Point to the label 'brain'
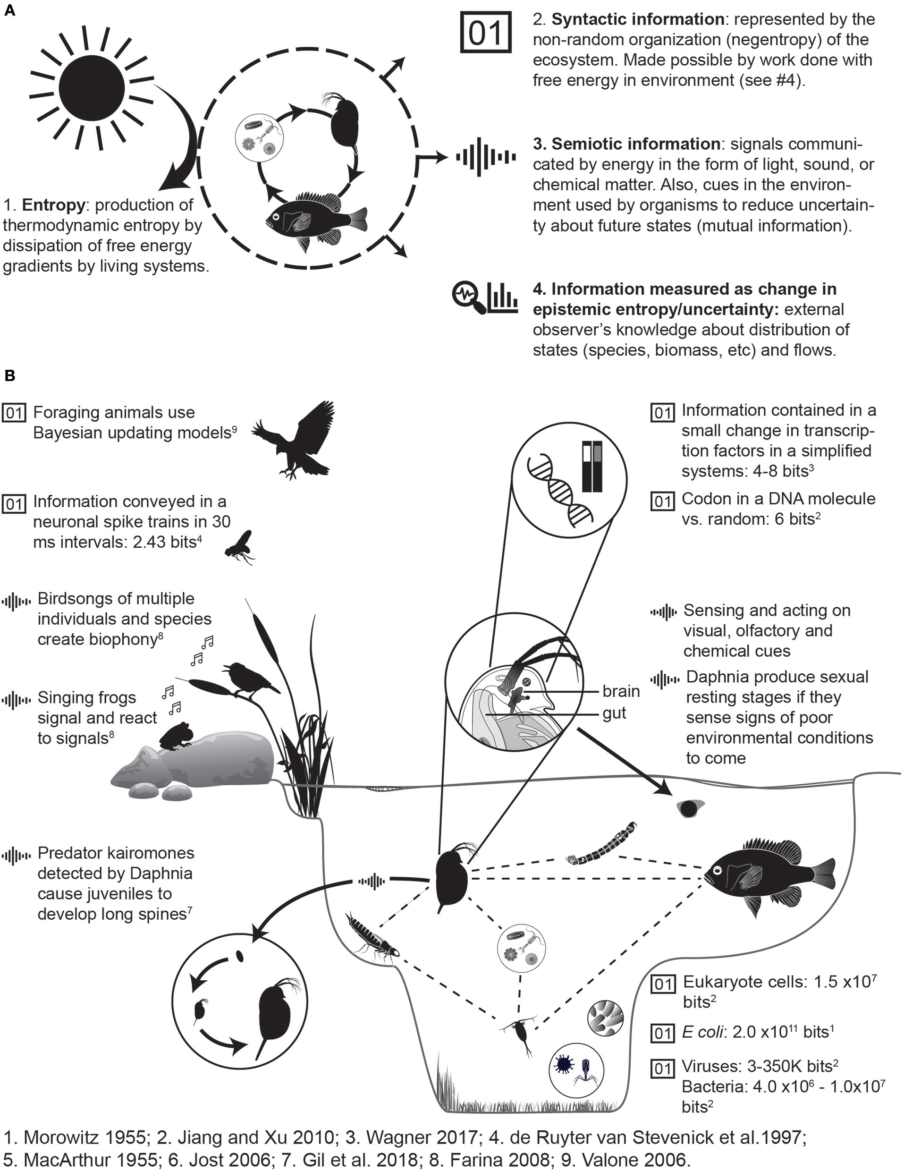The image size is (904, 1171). point(621,691)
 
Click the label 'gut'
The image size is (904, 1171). point(614,713)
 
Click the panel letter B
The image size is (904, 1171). point(9,376)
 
